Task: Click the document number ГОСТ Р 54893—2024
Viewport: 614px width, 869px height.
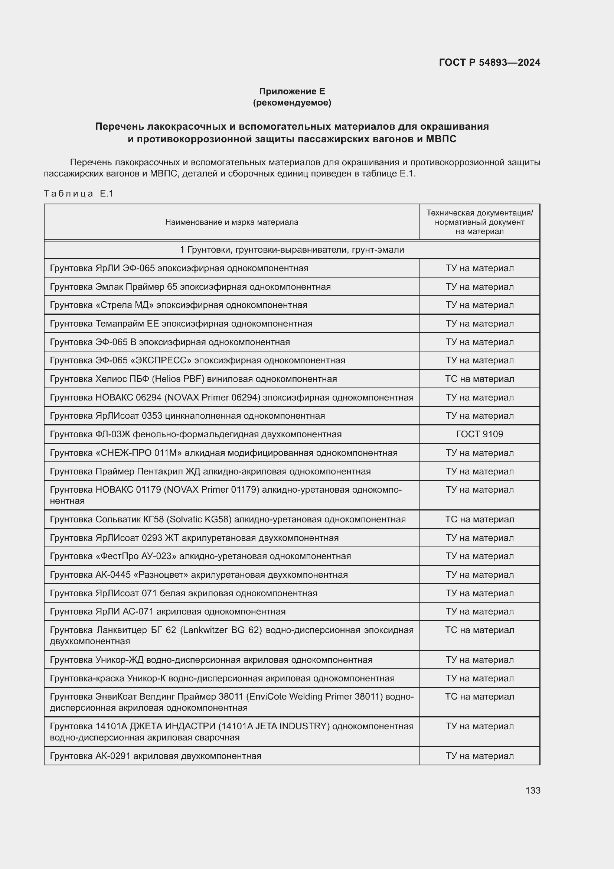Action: (x=489, y=62)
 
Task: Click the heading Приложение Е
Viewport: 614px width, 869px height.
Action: (x=292, y=91)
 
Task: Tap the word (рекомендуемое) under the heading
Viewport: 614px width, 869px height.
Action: (x=292, y=103)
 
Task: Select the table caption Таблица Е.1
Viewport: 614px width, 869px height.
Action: (x=79, y=194)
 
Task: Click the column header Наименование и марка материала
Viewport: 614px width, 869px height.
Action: (x=231, y=222)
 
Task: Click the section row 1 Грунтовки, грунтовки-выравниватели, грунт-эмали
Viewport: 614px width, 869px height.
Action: (x=292, y=250)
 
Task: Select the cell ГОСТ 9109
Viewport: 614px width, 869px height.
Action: (x=479, y=434)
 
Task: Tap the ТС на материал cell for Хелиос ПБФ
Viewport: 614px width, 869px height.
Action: (x=479, y=379)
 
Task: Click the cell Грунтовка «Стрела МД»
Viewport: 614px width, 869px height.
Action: (x=179, y=305)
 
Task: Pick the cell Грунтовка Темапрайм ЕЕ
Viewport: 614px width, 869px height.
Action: (x=181, y=324)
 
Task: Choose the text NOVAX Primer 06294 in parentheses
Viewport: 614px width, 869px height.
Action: (x=206, y=398)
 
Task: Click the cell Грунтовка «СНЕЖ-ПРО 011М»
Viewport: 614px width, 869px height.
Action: (x=223, y=453)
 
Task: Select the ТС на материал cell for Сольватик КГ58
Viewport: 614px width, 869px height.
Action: (x=479, y=519)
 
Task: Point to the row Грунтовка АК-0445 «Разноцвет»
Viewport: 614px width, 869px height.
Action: (x=199, y=574)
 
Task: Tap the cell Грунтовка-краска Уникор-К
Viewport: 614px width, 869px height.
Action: (x=222, y=678)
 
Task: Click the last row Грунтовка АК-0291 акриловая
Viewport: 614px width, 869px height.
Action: (x=156, y=756)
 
